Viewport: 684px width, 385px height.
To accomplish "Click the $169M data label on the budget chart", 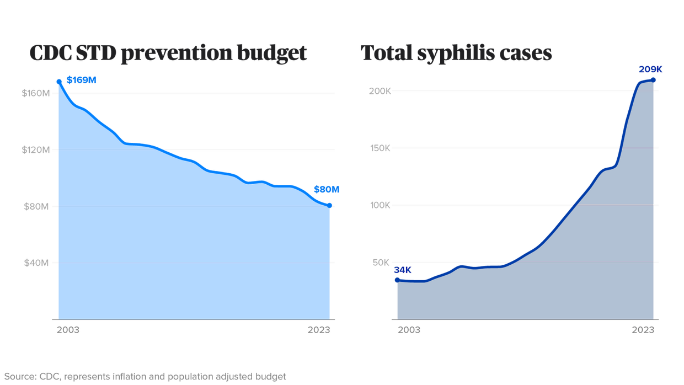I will click(82, 81).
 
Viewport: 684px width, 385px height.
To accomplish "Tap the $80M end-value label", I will click(327, 190).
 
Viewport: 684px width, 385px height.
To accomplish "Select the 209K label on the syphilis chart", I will click(650, 69).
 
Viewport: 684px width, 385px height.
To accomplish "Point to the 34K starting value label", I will click(402, 270).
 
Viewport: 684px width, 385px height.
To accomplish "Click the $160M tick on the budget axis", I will click(36, 93).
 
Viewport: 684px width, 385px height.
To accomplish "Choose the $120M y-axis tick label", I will click(36, 150).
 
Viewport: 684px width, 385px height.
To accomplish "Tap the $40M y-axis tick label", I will click(37, 263).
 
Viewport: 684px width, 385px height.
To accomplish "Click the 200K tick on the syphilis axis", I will click(380, 91).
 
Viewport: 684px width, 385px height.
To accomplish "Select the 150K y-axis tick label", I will click(380, 148).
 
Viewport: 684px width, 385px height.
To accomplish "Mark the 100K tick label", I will click(380, 206).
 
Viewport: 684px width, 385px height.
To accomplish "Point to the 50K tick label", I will click(382, 263).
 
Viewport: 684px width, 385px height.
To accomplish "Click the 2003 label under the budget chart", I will click(68, 330).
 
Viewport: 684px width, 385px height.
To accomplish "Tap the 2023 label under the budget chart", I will click(318, 330).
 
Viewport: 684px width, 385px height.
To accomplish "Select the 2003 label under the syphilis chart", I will click(409, 330).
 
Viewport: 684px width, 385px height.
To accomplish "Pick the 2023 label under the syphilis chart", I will click(643, 330).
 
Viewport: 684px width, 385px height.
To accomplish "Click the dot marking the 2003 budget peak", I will click(59, 82).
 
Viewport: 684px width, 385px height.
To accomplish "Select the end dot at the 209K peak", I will click(654, 80).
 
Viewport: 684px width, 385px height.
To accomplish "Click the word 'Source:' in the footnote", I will click(18, 377).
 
